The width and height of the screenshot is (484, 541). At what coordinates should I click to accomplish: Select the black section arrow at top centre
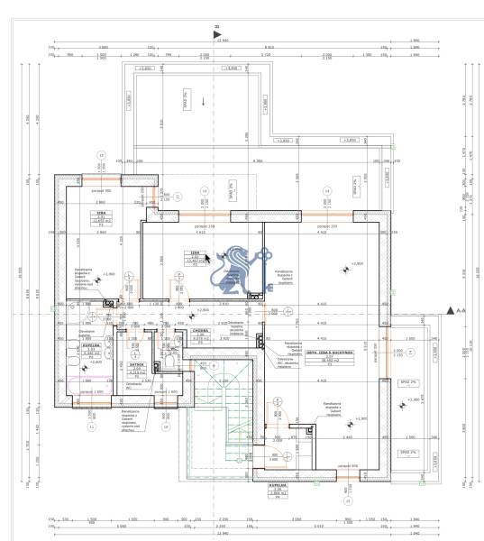pyautogui.click(x=215, y=33)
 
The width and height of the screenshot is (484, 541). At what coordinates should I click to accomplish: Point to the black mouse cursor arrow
pyautogui.click(x=207, y=257)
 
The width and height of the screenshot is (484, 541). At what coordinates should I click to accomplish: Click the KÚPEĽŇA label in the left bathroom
pyautogui.click(x=89, y=345)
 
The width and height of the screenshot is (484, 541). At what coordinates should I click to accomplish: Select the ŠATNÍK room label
pyautogui.click(x=136, y=364)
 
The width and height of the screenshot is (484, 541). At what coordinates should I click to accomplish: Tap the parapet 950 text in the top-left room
pyautogui.click(x=100, y=191)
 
